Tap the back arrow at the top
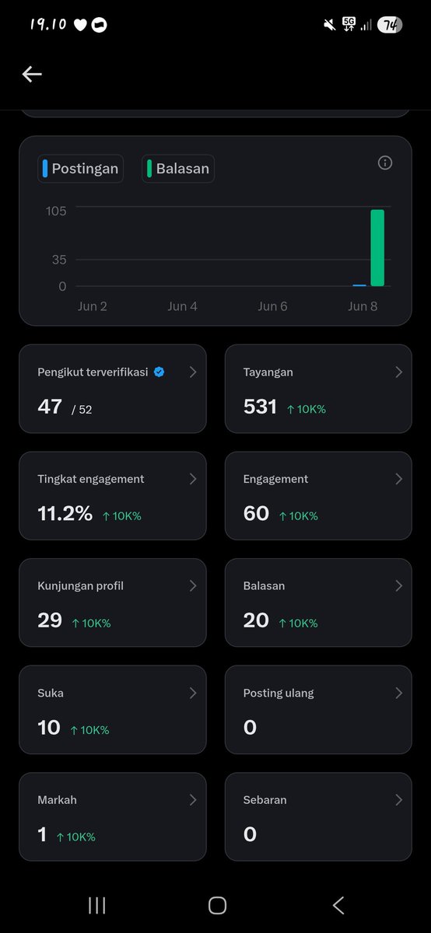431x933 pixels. [32, 74]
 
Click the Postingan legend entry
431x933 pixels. [80, 169]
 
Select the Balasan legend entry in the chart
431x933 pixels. [178, 169]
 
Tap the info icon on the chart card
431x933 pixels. [385, 162]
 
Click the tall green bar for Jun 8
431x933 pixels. [377, 248]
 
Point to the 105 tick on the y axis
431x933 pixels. [56, 211]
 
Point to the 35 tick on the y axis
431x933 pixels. [59, 260]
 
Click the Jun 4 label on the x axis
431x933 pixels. [182, 306]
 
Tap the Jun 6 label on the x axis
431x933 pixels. [272, 306]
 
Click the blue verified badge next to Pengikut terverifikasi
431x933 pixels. [159, 372]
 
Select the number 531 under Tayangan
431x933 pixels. [260, 407]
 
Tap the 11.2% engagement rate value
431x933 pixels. [65, 513]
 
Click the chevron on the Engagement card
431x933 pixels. [399, 479]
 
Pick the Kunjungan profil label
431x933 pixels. [80, 586]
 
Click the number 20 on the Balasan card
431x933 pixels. [256, 620]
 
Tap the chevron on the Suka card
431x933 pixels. [193, 693]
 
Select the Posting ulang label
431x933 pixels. [279, 693]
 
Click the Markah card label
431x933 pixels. [57, 800]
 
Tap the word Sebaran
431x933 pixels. [265, 800]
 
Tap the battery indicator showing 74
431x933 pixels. [390, 25]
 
